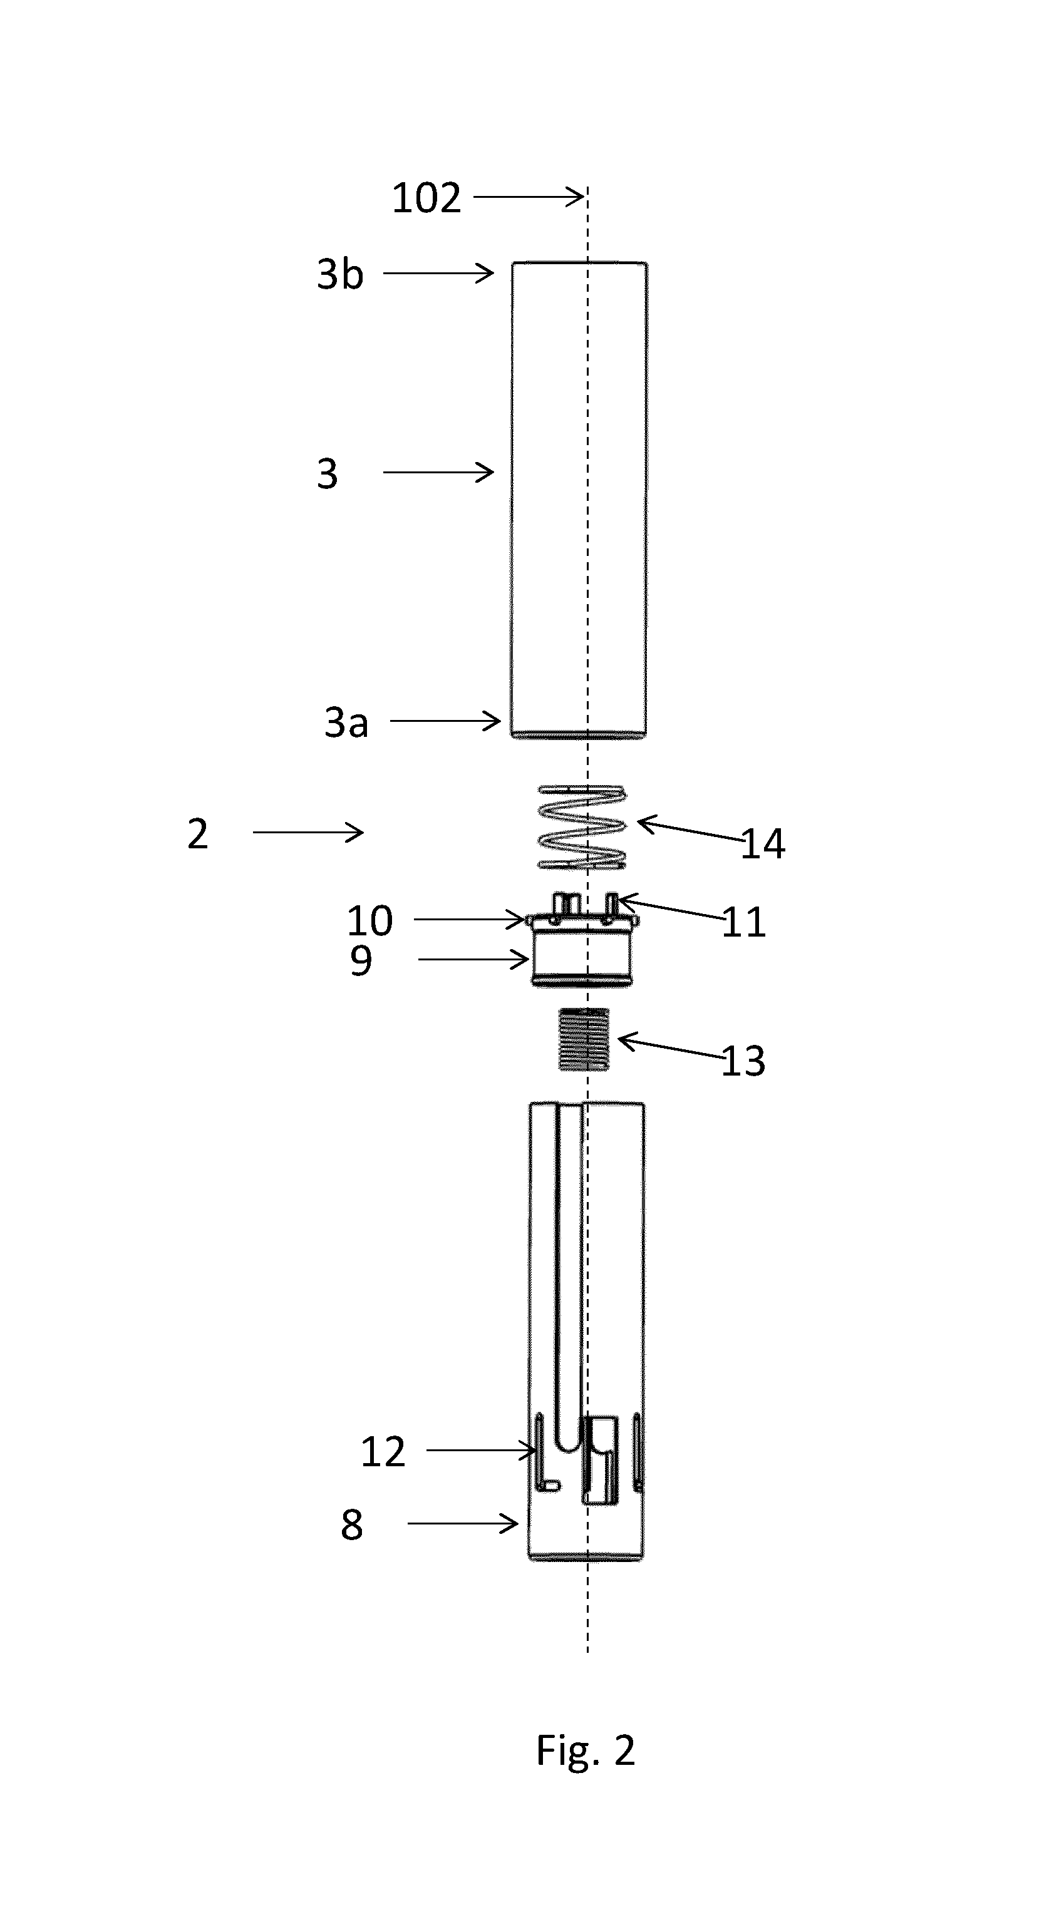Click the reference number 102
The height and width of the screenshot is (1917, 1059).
(x=426, y=198)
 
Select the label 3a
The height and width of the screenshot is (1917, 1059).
(x=346, y=722)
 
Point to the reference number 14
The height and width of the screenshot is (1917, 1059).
(x=763, y=844)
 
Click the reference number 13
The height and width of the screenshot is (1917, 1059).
(x=743, y=1061)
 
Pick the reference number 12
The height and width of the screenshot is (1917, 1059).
(x=383, y=1452)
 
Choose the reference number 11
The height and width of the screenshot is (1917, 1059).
(x=743, y=923)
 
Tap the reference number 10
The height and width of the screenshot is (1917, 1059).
(x=370, y=922)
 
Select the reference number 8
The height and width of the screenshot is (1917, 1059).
(x=352, y=1525)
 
